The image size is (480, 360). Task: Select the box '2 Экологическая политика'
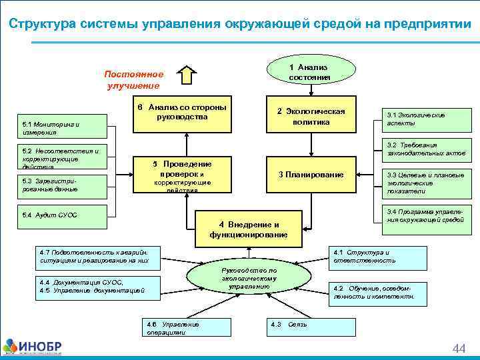click(x=311, y=116)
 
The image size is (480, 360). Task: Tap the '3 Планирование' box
click(x=311, y=175)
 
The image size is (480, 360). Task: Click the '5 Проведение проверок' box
click(x=182, y=174)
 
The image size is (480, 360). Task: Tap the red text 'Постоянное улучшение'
click(x=133, y=79)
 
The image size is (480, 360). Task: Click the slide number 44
click(x=459, y=349)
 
